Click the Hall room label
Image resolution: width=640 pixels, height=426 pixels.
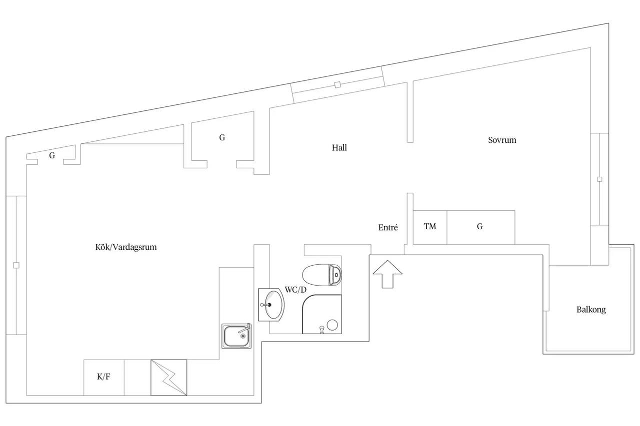(339, 148)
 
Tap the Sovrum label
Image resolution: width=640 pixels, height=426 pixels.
(502, 140)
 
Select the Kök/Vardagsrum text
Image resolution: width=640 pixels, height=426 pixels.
(126, 247)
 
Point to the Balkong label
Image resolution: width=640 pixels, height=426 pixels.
(591, 310)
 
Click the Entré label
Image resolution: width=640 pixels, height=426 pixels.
(388, 227)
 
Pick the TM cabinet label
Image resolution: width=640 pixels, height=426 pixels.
(430, 227)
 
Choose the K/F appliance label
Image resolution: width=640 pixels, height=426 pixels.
(103, 377)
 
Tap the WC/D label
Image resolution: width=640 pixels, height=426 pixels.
(295, 290)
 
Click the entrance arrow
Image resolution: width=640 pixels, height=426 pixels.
(387, 274)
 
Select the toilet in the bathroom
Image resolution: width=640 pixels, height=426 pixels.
(322, 275)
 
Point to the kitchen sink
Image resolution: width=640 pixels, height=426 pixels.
(236, 336)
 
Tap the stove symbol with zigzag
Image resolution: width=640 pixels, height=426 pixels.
(169, 378)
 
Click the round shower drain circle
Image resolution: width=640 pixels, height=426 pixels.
(332, 325)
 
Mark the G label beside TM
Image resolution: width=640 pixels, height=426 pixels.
(479, 227)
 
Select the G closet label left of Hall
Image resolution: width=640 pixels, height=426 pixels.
(222, 137)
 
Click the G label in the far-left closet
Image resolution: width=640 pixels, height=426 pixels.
(52, 155)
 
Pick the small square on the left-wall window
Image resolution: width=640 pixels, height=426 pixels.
(16, 265)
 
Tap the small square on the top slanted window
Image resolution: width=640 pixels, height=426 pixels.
(337, 85)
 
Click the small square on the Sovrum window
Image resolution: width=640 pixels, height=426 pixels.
(599, 179)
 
